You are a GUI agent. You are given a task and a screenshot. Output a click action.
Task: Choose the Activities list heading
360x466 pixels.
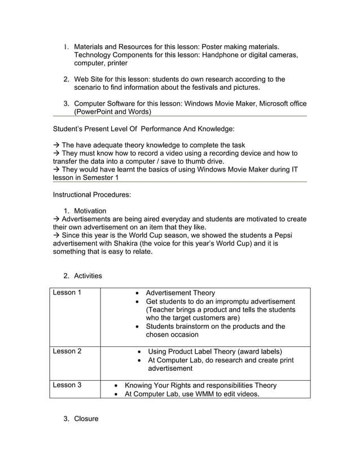[88, 276]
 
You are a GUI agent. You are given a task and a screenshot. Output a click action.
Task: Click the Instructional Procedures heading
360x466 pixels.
[91, 195]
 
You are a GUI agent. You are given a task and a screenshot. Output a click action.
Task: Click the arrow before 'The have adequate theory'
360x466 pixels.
[56, 146]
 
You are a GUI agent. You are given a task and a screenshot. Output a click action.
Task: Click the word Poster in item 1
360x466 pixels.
[208, 46]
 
